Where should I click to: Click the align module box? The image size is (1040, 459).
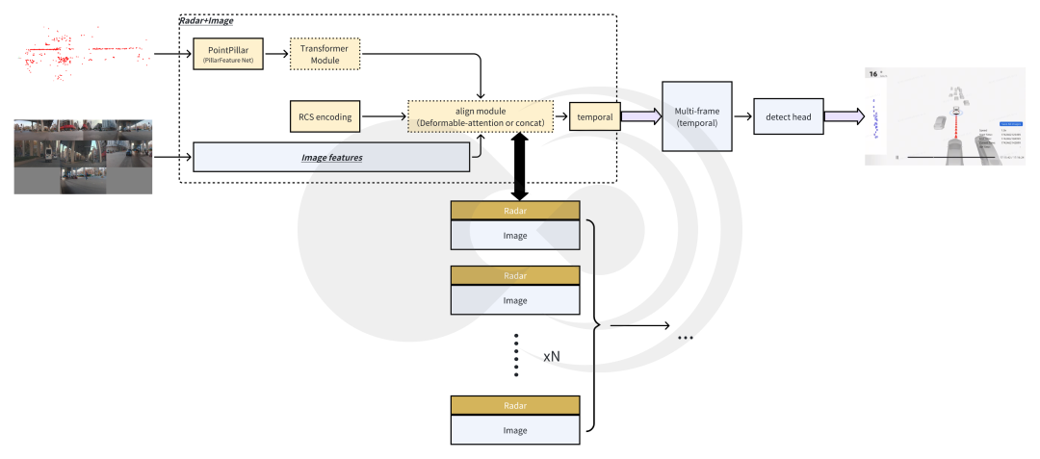481,117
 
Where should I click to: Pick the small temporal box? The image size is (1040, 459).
594,117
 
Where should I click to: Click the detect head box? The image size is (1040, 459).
788,116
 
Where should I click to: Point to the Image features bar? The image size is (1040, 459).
331,156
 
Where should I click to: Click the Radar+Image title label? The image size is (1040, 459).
206,20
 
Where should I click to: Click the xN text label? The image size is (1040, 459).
552,356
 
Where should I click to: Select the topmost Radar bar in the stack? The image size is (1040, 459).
515,211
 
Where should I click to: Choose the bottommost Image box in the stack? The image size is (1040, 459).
515,429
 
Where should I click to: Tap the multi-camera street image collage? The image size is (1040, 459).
83,156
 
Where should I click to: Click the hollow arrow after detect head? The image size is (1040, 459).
843,116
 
